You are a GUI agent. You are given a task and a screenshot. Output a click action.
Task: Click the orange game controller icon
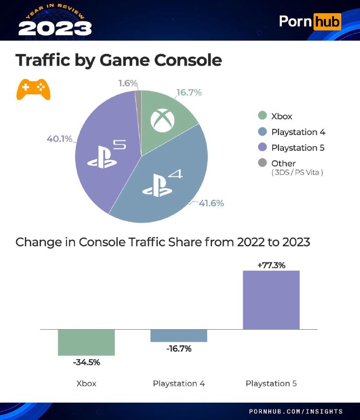coord(34,90)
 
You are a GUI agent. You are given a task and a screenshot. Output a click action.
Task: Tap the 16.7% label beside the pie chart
coord(189,92)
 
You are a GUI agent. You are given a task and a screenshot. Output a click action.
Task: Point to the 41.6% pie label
coord(211,203)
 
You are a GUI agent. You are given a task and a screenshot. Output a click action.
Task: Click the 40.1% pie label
coord(59,139)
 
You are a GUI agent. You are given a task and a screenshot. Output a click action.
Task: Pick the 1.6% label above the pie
coord(128,83)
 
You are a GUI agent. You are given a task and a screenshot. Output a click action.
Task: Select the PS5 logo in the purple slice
coord(107,154)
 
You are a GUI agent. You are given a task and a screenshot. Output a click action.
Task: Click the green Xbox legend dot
coord(261,116)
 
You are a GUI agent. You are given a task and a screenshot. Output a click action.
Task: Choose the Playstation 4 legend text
coord(298,132)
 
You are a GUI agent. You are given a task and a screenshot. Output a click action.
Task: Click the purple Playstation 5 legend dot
coord(261,148)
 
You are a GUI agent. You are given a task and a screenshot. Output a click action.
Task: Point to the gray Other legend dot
coord(261,163)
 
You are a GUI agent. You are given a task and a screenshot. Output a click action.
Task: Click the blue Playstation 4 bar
coord(178,335)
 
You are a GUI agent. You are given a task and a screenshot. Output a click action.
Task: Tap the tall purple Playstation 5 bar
coord(271,300)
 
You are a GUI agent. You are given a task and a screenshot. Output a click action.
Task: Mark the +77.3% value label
coord(271,265)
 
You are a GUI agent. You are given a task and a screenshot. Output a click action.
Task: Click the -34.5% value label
coord(86,362)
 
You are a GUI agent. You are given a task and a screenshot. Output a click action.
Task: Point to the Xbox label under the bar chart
coord(86,383)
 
